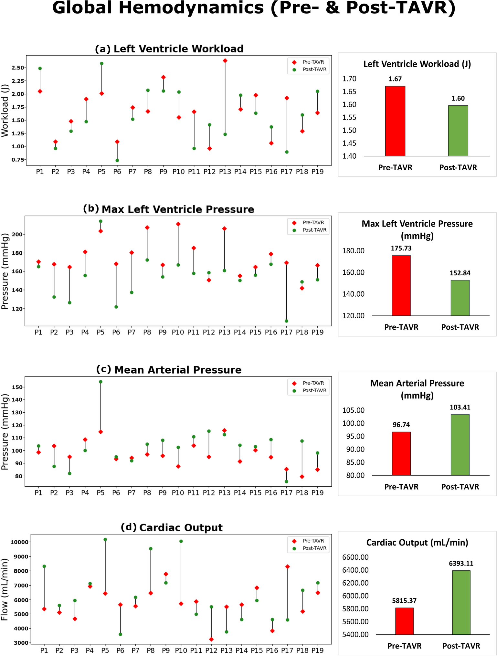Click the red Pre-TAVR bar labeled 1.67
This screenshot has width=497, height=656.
coord(395,121)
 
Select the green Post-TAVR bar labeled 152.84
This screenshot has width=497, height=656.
coord(460,298)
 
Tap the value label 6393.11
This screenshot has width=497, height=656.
coord(461,563)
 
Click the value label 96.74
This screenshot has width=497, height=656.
coord(401,425)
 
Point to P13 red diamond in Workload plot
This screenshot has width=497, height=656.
coord(225,61)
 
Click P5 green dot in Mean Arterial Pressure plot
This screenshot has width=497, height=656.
coord(100,382)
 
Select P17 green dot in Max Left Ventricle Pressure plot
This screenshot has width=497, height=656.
coord(286,321)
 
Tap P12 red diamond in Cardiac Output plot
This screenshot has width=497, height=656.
coord(211,639)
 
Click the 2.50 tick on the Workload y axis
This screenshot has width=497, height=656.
coord(18,68)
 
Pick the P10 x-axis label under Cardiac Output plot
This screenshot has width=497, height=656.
coord(181,650)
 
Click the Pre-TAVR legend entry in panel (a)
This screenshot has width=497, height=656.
coord(313,62)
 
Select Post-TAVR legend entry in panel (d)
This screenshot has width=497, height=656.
coord(314,548)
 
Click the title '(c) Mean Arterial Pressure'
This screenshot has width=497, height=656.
coord(169,370)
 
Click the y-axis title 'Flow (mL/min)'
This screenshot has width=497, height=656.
coord(5,589)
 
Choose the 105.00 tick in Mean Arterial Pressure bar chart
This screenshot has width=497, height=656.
coord(353,410)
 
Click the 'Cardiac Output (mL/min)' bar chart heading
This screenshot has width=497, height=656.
coord(417,542)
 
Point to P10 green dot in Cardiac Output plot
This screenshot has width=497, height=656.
coord(181,541)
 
